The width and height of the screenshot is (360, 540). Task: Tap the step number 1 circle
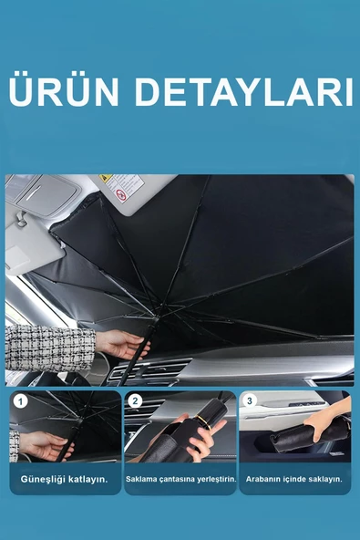[x=20, y=400]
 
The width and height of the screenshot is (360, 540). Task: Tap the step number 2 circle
[x=135, y=400]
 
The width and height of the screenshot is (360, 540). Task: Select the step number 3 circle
[x=250, y=400]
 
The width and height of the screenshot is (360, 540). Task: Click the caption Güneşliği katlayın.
[x=65, y=478]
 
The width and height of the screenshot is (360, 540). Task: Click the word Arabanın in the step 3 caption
[x=266, y=478]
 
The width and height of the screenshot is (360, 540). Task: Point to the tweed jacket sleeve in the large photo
[x=49, y=347]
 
